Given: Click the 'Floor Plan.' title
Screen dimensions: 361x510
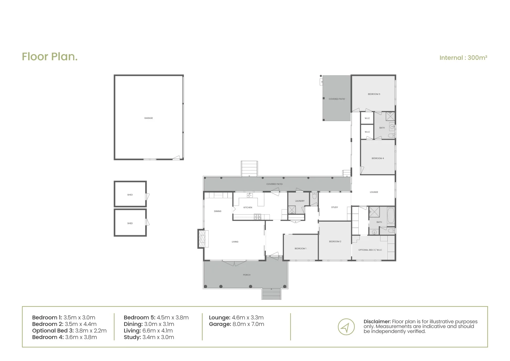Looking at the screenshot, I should pos(50,56).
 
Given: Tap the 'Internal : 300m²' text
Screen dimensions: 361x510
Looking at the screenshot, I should pos(463,57).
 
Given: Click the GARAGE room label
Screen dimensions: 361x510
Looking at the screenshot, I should pos(149,118).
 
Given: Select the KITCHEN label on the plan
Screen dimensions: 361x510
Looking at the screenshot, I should pos(248,208).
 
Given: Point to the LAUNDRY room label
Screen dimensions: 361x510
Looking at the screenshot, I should pos(300,201).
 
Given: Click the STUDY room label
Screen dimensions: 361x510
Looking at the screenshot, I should pos(334,207).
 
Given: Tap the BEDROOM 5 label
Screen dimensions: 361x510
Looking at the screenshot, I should pos(374,94).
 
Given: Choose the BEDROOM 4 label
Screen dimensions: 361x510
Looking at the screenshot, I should pos(377,158).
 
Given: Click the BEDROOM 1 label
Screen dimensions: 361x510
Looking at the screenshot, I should pos(300,248).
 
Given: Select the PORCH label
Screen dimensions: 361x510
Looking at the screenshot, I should pos(246,275).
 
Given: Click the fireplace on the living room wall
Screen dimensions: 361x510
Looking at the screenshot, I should pos(202,239).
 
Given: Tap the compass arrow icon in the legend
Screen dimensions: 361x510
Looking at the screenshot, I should pos(346,327).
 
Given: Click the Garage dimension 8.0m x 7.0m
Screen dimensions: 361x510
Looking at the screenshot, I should pos(248,324).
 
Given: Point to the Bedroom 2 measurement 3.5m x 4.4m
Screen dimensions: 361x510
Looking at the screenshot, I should pos(80,324).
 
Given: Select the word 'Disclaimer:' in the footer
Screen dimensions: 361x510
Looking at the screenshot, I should pos(377,322).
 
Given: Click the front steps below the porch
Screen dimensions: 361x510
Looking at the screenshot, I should pos(271,294).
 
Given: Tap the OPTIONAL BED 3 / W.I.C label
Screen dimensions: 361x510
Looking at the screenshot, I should pos(370,250).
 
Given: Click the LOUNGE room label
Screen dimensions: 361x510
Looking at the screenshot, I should pos(374,192).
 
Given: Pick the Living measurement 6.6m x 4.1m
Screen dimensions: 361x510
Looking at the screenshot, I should pos(158,331).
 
